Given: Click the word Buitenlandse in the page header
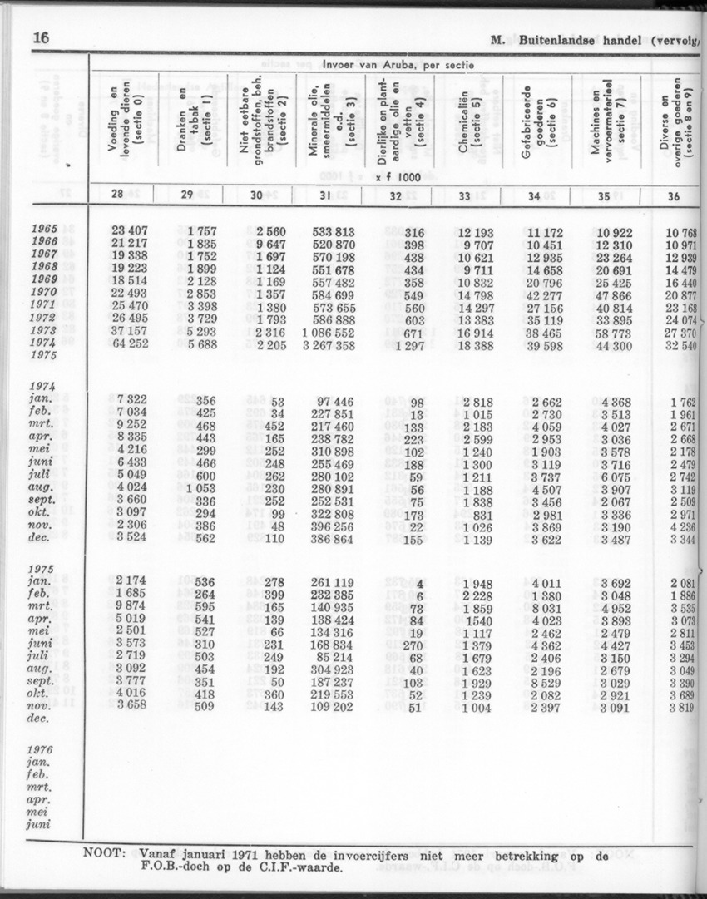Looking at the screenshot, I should (x=564, y=39).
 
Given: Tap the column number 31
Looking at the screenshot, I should (x=326, y=196).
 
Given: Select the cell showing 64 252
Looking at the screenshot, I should (x=129, y=343).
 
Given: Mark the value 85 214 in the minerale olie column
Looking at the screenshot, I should (x=331, y=657).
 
